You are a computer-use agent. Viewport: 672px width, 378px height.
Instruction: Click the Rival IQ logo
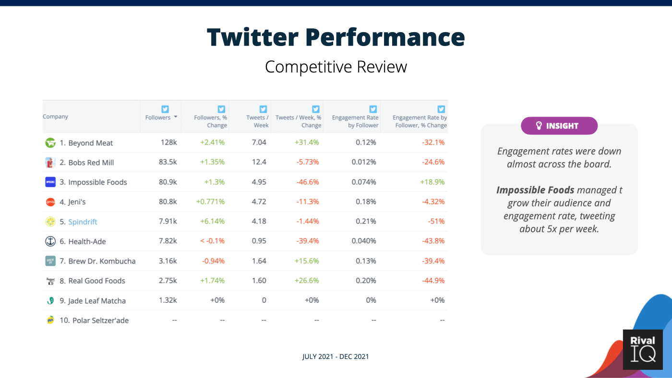643,349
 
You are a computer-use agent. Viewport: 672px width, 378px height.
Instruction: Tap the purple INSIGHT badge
559,126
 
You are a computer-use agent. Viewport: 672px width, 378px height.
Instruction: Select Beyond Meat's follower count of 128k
168,142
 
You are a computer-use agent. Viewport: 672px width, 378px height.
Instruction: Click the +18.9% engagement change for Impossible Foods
432,182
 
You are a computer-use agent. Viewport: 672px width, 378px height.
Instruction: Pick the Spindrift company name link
83,222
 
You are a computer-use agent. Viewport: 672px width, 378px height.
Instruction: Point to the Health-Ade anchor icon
50,241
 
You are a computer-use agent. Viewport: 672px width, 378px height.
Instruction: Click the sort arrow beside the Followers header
176,117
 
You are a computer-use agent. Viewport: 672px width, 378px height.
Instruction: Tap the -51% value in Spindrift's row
436,221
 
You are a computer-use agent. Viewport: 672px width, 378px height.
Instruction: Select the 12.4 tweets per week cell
259,162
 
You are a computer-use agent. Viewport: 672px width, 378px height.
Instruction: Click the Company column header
55,116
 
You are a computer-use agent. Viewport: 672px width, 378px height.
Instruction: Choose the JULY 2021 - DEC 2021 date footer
336,356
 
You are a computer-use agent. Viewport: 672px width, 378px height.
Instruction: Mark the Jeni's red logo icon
50,202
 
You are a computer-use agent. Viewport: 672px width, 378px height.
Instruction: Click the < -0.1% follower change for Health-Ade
212,241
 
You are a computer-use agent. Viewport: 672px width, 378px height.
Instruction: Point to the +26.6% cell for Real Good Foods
307,281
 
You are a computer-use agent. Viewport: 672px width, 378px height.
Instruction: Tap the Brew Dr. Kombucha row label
97,261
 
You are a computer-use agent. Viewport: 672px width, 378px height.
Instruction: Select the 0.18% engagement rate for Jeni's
366,202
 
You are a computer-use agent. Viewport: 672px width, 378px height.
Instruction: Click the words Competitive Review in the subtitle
336,67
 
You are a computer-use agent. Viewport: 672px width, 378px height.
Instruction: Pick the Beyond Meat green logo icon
50,142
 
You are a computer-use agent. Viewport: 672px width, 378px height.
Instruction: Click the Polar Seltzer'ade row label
94,320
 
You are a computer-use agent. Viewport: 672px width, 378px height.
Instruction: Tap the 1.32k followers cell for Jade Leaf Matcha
168,300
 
